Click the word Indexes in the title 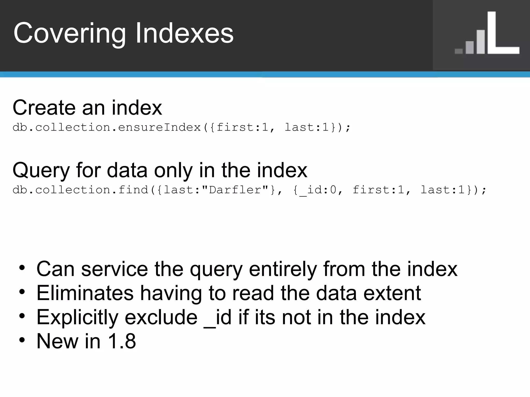click(185, 33)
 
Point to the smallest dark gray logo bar click(459, 51)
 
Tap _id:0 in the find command click(318, 190)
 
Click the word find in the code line click(133, 190)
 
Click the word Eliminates click(85, 293)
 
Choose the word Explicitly click(78, 317)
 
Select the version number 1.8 click(122, 341)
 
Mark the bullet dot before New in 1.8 click(22, 340)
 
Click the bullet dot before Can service click(22, 268)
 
